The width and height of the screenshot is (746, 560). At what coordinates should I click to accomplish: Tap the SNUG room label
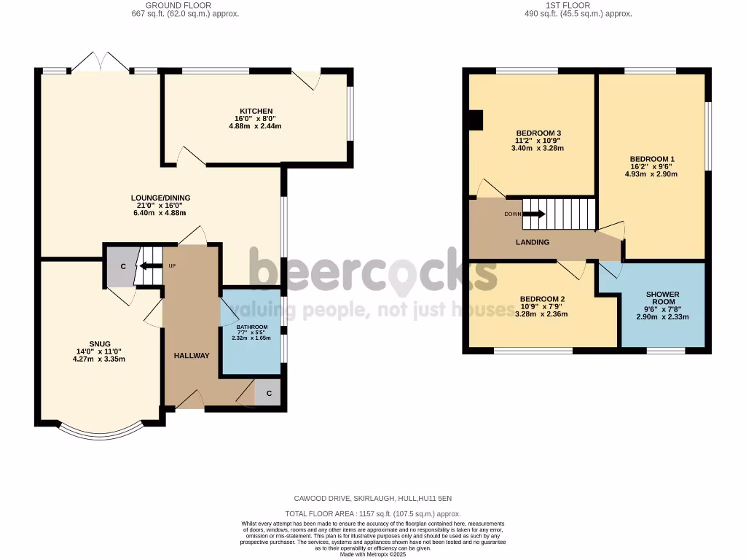click(100, 343)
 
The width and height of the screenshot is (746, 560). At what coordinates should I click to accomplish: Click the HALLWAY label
click(192, 355)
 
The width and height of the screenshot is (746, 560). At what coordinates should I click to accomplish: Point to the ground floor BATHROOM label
click(251, 327)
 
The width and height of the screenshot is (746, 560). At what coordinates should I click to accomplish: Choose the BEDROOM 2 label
click(542, 299)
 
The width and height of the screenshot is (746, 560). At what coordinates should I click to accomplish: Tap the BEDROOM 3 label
click(538, 133)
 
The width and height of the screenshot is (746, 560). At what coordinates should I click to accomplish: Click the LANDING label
click(533, 242)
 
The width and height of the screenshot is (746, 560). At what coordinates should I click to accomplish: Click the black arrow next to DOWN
click(534, 214)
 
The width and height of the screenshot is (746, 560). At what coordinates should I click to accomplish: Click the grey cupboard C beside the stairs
click(122, 266)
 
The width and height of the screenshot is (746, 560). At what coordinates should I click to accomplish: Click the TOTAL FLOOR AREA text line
click(372, 513)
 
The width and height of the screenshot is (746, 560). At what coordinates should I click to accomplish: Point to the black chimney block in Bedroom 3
click(476, 120)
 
